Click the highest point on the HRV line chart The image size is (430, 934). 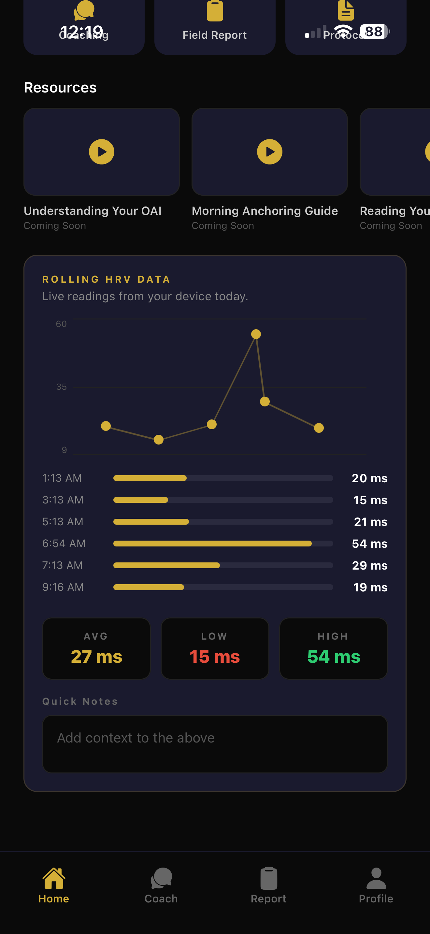pos(256,334)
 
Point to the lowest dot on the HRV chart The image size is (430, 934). pos(158,440)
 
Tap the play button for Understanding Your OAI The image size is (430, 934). pos(102,152)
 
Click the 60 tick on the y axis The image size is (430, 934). pos(61,324)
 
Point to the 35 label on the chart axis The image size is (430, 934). pos(61,387)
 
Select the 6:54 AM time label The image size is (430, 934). pos(64,543)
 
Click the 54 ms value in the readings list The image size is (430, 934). pos(369,544)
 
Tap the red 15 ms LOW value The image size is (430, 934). pos(215,657)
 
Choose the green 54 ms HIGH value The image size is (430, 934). pos(334,657)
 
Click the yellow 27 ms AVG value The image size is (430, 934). pos(96,657)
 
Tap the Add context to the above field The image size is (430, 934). pos(215,743)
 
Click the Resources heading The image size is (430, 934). pos(60,88)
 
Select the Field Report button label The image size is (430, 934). pos(215,35)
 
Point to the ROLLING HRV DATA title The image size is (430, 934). pos(106,279)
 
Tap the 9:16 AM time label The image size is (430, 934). pos(63,587)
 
